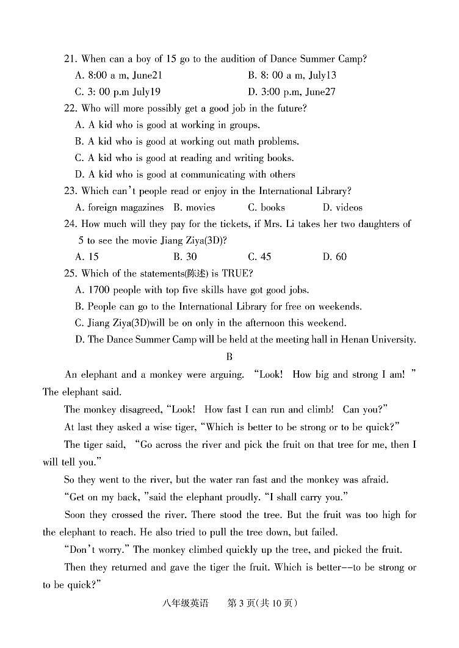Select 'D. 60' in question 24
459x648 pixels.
(x=334, y=257)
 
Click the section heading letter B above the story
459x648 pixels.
(x=229, y=356)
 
